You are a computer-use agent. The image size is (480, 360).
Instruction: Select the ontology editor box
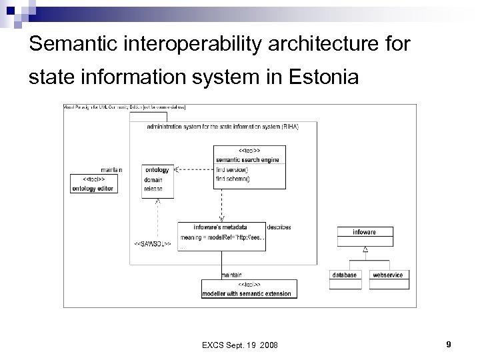pos(93,183)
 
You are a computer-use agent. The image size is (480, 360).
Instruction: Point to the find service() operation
pos(233,169)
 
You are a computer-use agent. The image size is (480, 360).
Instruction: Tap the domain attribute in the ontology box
pos(153,181)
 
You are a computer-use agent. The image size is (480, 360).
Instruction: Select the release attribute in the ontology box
pos(153,189)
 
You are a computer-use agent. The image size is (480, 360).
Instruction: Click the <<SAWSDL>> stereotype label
pos(153,245)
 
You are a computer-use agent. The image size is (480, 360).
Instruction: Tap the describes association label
pos(279,227)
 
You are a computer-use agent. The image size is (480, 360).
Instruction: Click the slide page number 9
pos(449,344)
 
